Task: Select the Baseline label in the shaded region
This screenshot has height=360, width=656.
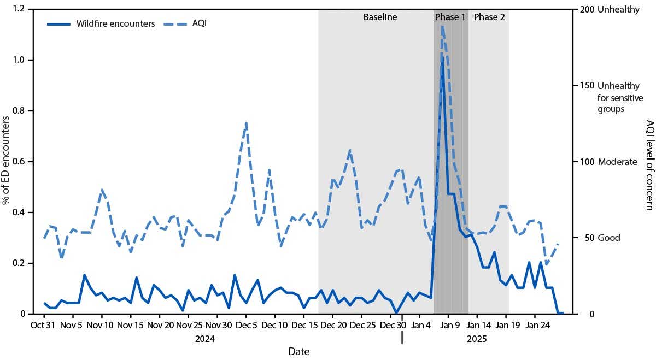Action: pos(380,17)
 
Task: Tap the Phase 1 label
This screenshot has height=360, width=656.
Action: pos(450,17)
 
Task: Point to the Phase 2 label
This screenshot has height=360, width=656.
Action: pos(489,17)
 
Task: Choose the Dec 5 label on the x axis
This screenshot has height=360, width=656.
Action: pos(246,326)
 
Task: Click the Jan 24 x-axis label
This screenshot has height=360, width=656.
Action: pos(535,326)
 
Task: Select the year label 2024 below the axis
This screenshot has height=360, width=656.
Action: pos(204,339)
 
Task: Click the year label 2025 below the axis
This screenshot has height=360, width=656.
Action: pos(476,339)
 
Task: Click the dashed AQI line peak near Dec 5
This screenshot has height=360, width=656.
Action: pos(246,123)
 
